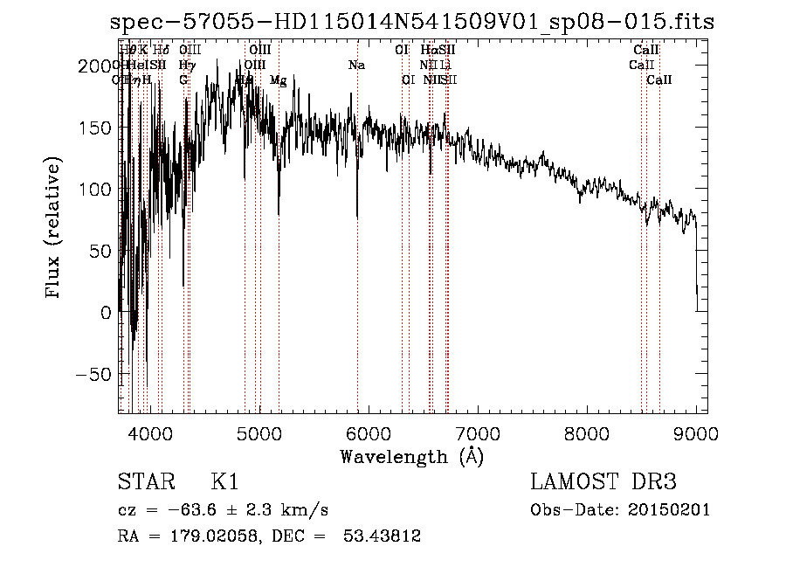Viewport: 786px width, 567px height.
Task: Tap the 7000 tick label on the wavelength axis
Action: tap(477, 433)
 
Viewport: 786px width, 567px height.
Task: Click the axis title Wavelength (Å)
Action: tap(411, 456)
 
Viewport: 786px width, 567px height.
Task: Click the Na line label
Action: tap(356, 66)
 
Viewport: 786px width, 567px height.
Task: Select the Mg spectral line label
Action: tap(278, 80)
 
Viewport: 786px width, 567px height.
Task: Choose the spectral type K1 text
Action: tap(224, 482)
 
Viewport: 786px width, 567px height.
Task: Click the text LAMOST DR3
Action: tap(603, 482)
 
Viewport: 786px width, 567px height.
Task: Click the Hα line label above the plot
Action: tap(428, 51)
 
